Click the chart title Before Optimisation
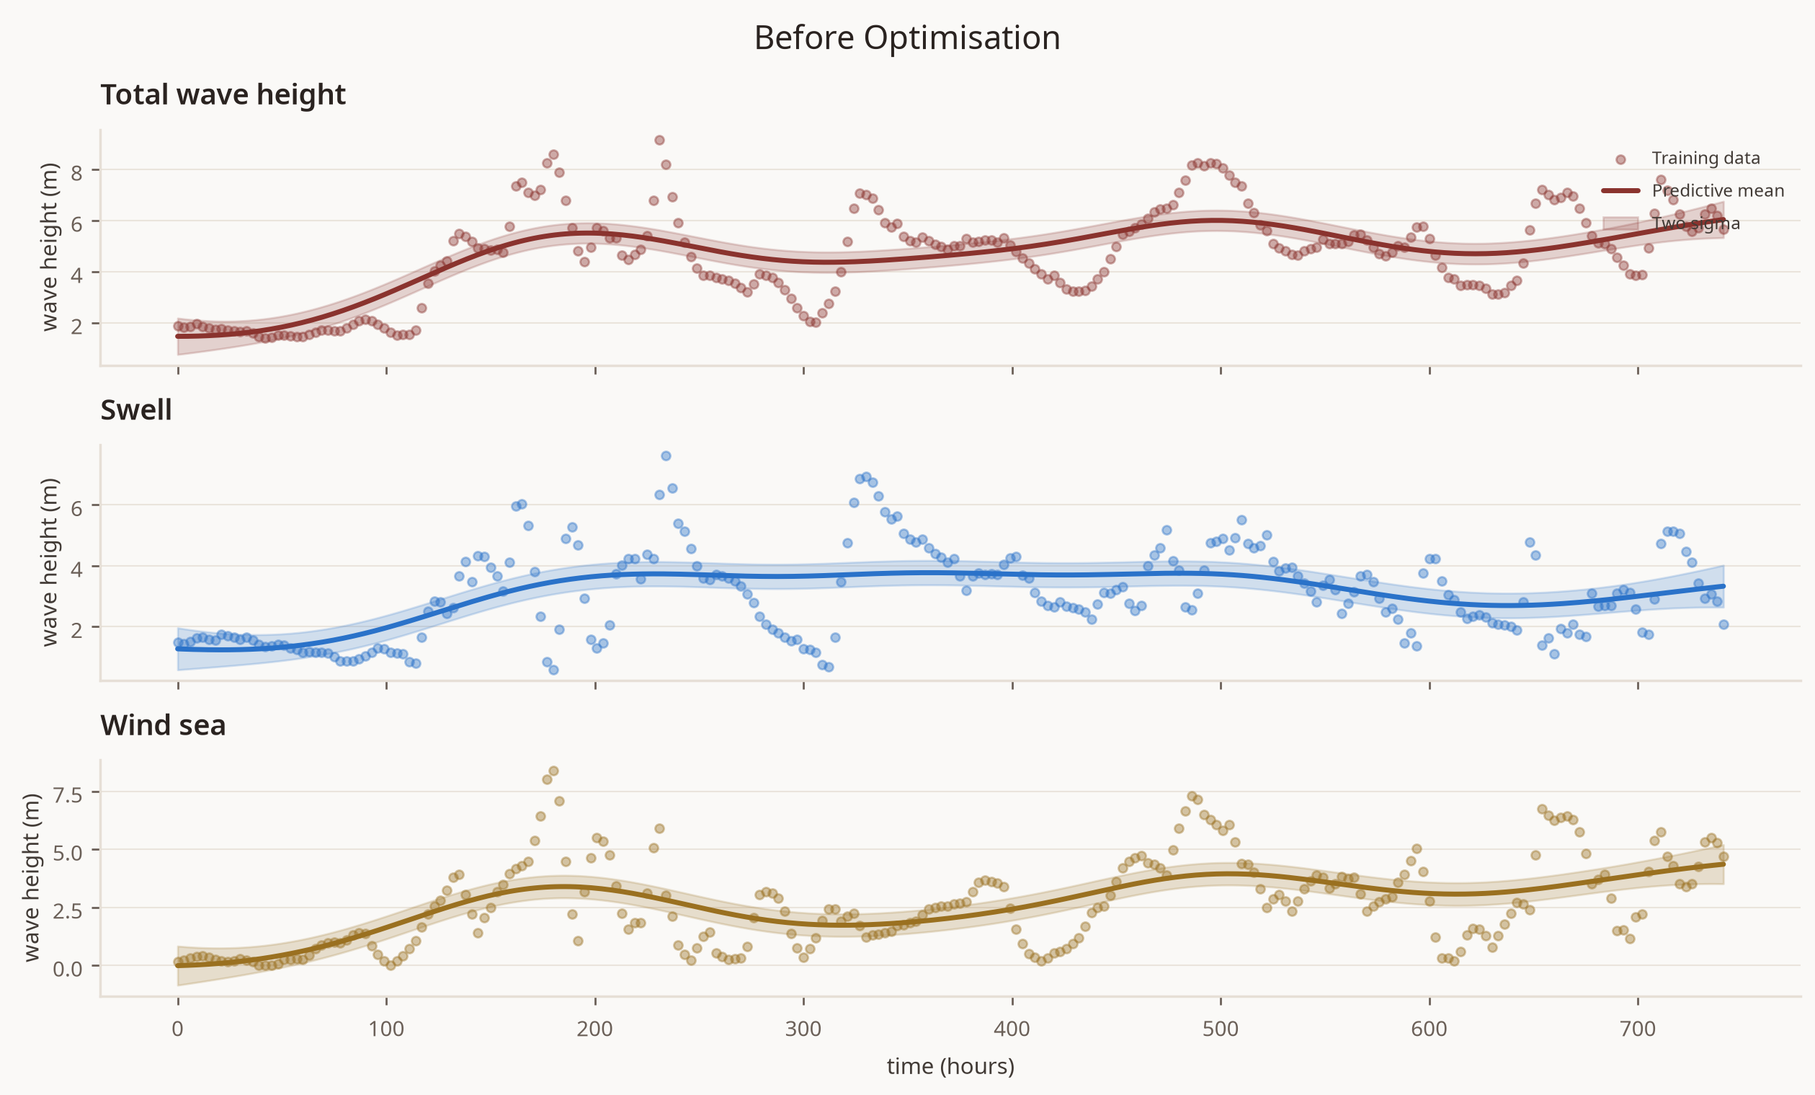tap(906, 37)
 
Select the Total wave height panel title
tap(223, 95)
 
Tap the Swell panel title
tap(136, 409)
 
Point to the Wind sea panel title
tap(164, 725)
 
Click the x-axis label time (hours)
tap(950, 1066)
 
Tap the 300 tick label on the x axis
tap(803, 1029)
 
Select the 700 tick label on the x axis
tap(1638, 1029)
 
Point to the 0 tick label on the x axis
tap(177, 1029)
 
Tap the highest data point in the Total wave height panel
tap(659, 140)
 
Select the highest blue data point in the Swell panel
tap(666, 456)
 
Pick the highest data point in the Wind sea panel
tap(553, 771)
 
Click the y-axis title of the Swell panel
tap(48, 562)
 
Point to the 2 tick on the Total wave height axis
tap(76, 327)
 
